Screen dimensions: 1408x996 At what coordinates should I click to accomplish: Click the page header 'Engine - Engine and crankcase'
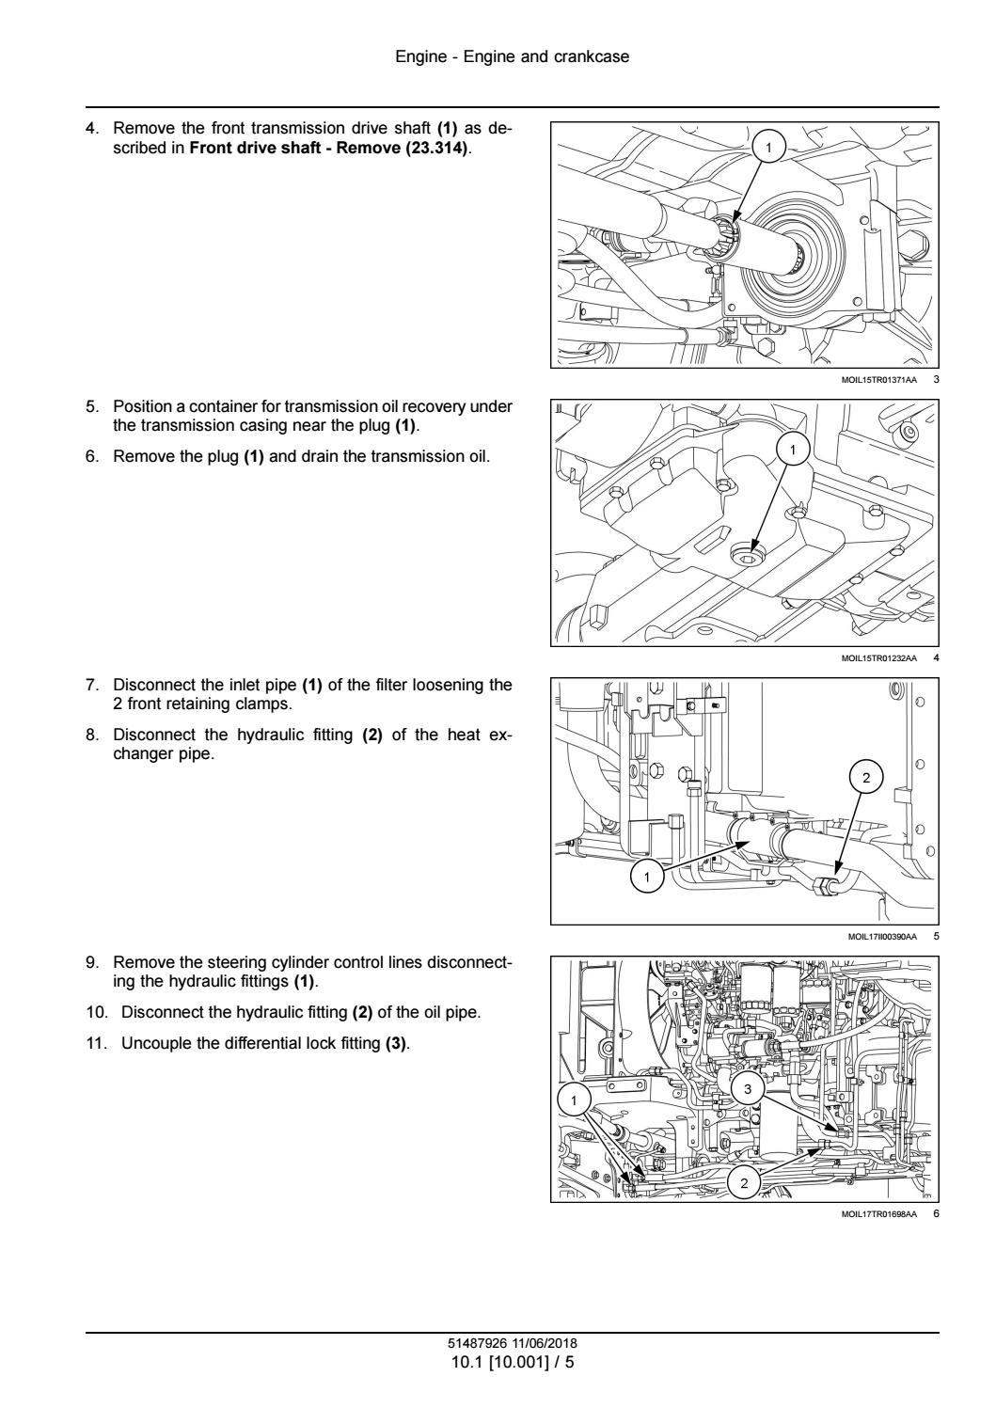tap(512, 57)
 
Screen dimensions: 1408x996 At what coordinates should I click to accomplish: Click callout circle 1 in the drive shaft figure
tap(769, 148)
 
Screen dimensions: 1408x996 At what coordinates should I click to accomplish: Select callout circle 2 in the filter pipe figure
tap(867, 777)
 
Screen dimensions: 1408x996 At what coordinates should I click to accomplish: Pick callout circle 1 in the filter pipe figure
tap(646, 878)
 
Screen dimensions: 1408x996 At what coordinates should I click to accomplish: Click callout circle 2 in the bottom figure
tap(744, 1183)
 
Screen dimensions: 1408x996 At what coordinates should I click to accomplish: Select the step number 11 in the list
tap(95, 1044)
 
